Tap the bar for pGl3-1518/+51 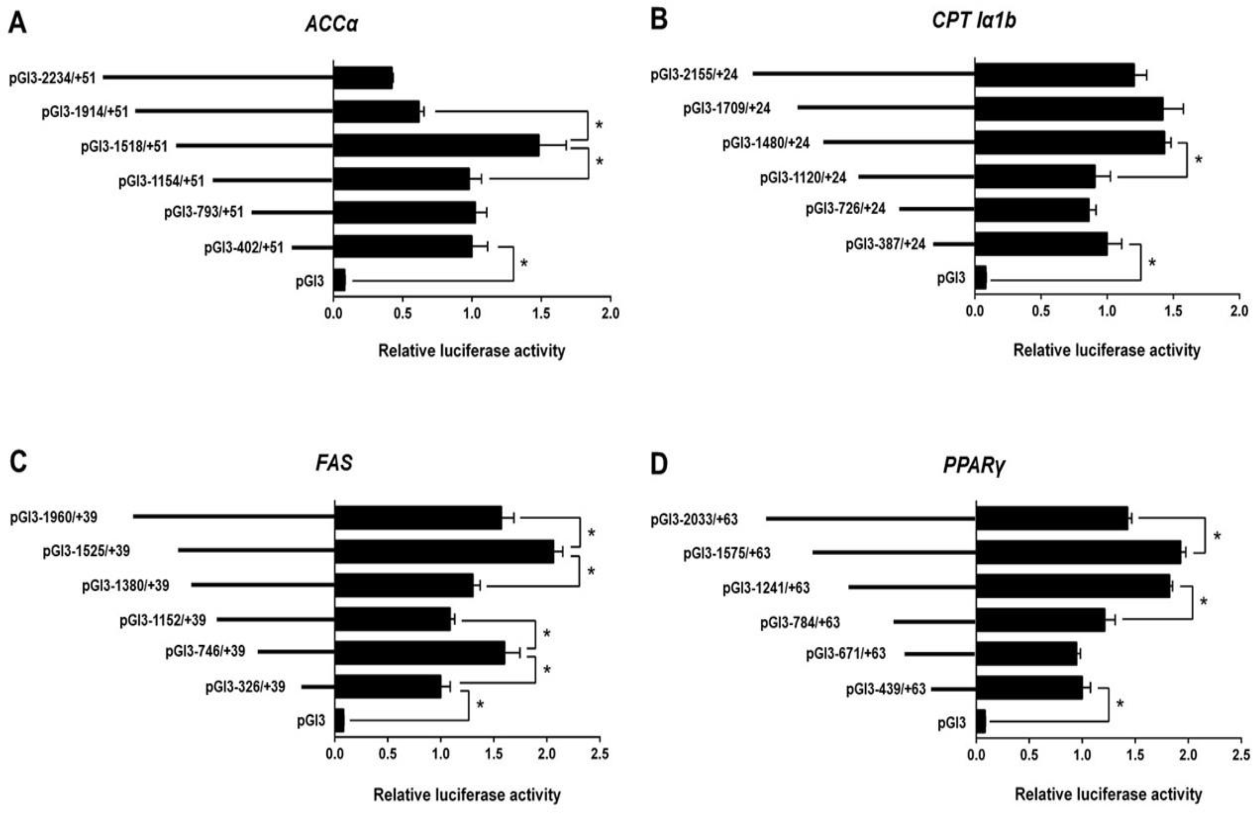(436, 145)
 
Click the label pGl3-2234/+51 (52, 78)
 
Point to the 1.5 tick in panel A (541, 313)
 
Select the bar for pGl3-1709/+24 (1069, 109)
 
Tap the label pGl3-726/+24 (845, 209)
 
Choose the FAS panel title (334, 463)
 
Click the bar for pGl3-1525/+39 (444, 551)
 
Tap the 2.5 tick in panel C (600, 754)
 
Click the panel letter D (659, 464)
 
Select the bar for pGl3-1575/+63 (1078, 552)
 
